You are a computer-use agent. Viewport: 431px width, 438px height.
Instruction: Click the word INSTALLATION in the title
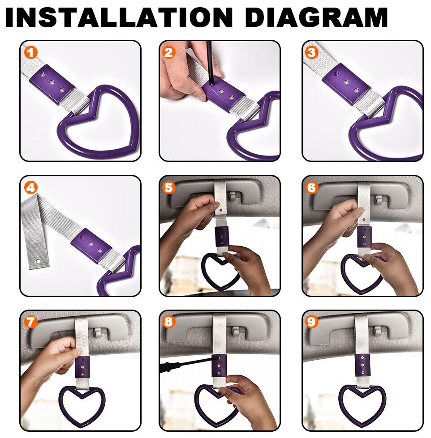tap(119, 17)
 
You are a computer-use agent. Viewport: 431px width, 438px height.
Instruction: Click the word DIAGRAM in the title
tap(316, 17)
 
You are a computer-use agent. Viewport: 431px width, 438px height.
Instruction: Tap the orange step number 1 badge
tap(31, 52)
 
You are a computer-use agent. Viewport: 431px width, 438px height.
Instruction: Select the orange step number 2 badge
tap(168, 52)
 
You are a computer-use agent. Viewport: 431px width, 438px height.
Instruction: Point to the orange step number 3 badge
tap(311, 52)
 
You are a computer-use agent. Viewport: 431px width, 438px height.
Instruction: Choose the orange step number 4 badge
tap(31, 187)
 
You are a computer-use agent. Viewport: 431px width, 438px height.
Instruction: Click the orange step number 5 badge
tap(168, 187)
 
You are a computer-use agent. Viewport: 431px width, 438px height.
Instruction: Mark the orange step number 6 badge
tap(311, 187)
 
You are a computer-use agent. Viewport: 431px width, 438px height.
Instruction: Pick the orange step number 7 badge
tap(31, 322)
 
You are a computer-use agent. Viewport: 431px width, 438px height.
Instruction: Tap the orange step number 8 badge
tap(168, 322)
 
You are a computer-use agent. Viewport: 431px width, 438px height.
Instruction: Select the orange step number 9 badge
tap(311, 322)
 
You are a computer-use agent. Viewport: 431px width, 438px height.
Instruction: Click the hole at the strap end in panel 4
tap(38, 261)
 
